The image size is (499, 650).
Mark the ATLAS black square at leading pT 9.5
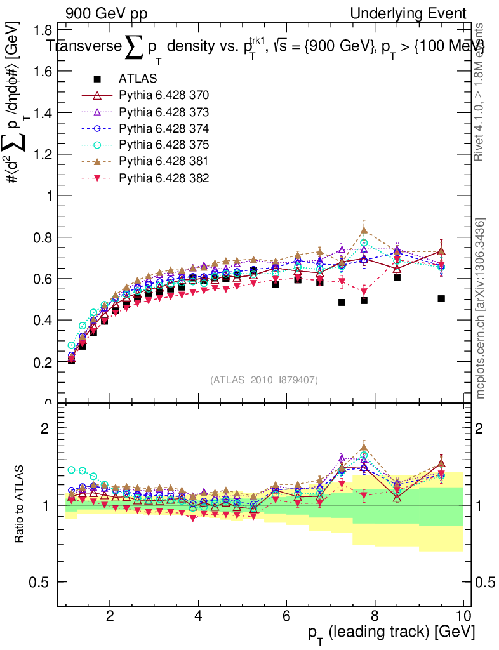441,298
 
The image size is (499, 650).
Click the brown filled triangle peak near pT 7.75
364,230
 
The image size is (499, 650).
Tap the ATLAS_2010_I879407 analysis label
264,380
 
